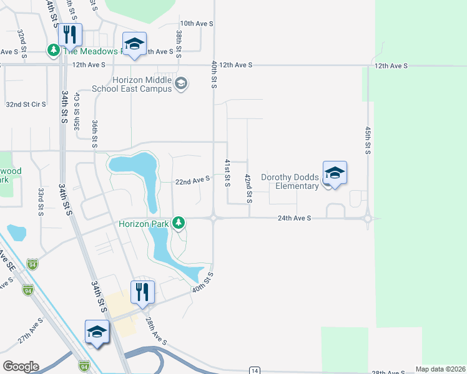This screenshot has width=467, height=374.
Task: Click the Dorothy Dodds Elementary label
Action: click(x=290, y=181)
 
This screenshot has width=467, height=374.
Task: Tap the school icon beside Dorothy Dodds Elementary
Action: click(x=335, y=174)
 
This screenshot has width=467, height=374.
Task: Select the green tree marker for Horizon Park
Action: click(x=179, y=222)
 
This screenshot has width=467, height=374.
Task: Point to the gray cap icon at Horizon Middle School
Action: click(x=181, y=84)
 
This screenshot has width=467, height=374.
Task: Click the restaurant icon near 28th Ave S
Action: click(x=142, y=291)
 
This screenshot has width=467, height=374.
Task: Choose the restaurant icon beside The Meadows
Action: click(x=70, y=34)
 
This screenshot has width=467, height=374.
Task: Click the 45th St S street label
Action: click(x=368, y=142)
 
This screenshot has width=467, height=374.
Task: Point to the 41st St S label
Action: click(x=228, y=172)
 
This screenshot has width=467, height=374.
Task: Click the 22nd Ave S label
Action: click(x=192, y=180)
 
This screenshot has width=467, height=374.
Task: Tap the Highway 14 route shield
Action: click(x=254, y=370)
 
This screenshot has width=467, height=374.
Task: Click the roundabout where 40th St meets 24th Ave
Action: click(x=214, y=218)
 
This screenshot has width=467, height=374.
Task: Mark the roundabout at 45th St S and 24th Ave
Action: click(x=368, y=218)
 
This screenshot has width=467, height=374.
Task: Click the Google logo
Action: click(x=21, y=367)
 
